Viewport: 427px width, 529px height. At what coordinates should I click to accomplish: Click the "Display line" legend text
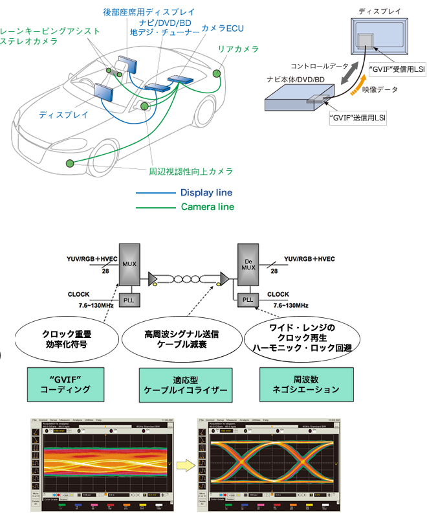pos(206,193)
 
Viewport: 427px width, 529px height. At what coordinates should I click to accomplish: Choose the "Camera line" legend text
pos(207,207)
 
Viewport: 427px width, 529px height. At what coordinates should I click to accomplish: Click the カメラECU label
pos(222,28)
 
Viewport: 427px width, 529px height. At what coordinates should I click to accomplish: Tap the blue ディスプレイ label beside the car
pos(64,115)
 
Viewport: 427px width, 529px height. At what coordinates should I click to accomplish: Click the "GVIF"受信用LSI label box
pos(395,69)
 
